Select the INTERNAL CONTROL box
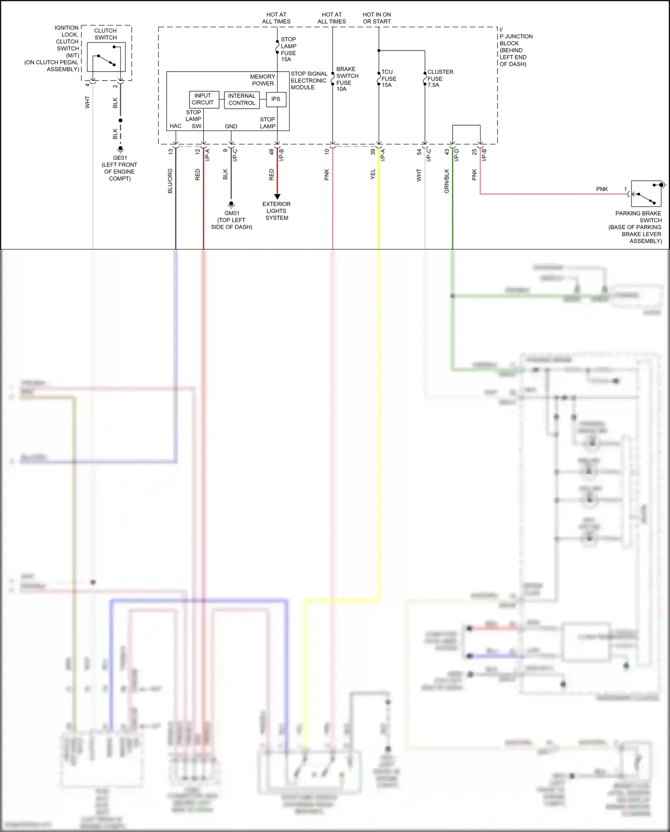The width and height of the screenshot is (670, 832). (x=242, y=99)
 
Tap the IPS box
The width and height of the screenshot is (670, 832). (x=276, y=99)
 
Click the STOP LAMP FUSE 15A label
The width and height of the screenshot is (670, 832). (x=288, y=49)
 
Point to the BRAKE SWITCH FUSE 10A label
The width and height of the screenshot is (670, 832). (x=347, y=79)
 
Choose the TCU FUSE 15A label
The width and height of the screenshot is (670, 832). (x=388, y=78)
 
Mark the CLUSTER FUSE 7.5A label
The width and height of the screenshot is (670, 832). (x=439, y=78)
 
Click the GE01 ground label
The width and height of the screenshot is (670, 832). (x=120, y=168)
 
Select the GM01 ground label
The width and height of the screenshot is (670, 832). (x=232, y=220)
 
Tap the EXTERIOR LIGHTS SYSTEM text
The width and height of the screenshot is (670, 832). (x=277, y=211)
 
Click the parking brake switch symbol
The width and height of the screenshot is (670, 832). (x=646, y=194)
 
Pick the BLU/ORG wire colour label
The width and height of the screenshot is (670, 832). (x=170, y=181)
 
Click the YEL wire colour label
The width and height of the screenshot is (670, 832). (x=373, y=175)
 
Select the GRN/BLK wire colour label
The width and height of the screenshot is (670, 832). (x=447, y=181)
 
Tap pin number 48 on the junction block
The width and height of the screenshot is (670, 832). (x=271, y=152)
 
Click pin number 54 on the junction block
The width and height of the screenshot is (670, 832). (x=419, y=152)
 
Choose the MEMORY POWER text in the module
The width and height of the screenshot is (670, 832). (x=262, y=80)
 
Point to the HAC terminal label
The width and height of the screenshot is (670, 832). (x=176, y=126)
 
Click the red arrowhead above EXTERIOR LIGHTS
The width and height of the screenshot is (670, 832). (x=277, y=197)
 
